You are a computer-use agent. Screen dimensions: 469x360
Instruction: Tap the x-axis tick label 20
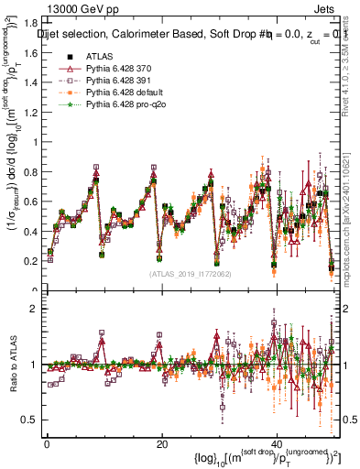coord(161,443)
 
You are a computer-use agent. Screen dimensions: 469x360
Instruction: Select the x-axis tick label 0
coord(46,443)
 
